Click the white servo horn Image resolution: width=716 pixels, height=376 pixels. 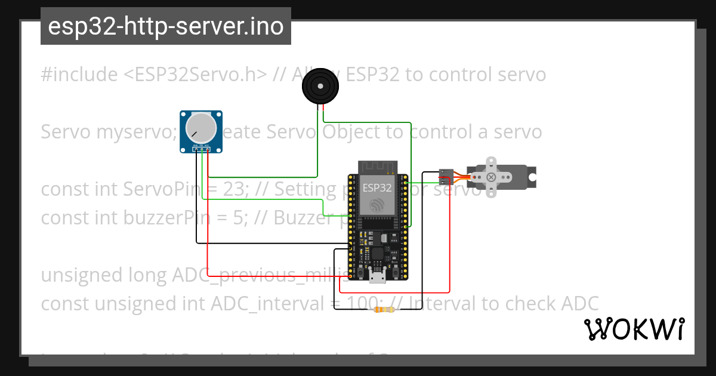click(x=491, y=177)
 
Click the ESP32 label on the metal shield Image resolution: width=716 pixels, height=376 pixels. click(x=377, y=187)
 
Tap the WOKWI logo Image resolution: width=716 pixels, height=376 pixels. click(x=634, y=329)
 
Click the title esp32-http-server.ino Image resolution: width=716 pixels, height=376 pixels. click(x=165, y=26)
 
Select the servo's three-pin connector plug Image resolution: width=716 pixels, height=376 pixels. click(x=445, y=177)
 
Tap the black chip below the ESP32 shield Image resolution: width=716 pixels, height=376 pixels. click(x=377, y=254)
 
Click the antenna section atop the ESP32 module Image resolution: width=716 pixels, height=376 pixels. click(x=377, y=167)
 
